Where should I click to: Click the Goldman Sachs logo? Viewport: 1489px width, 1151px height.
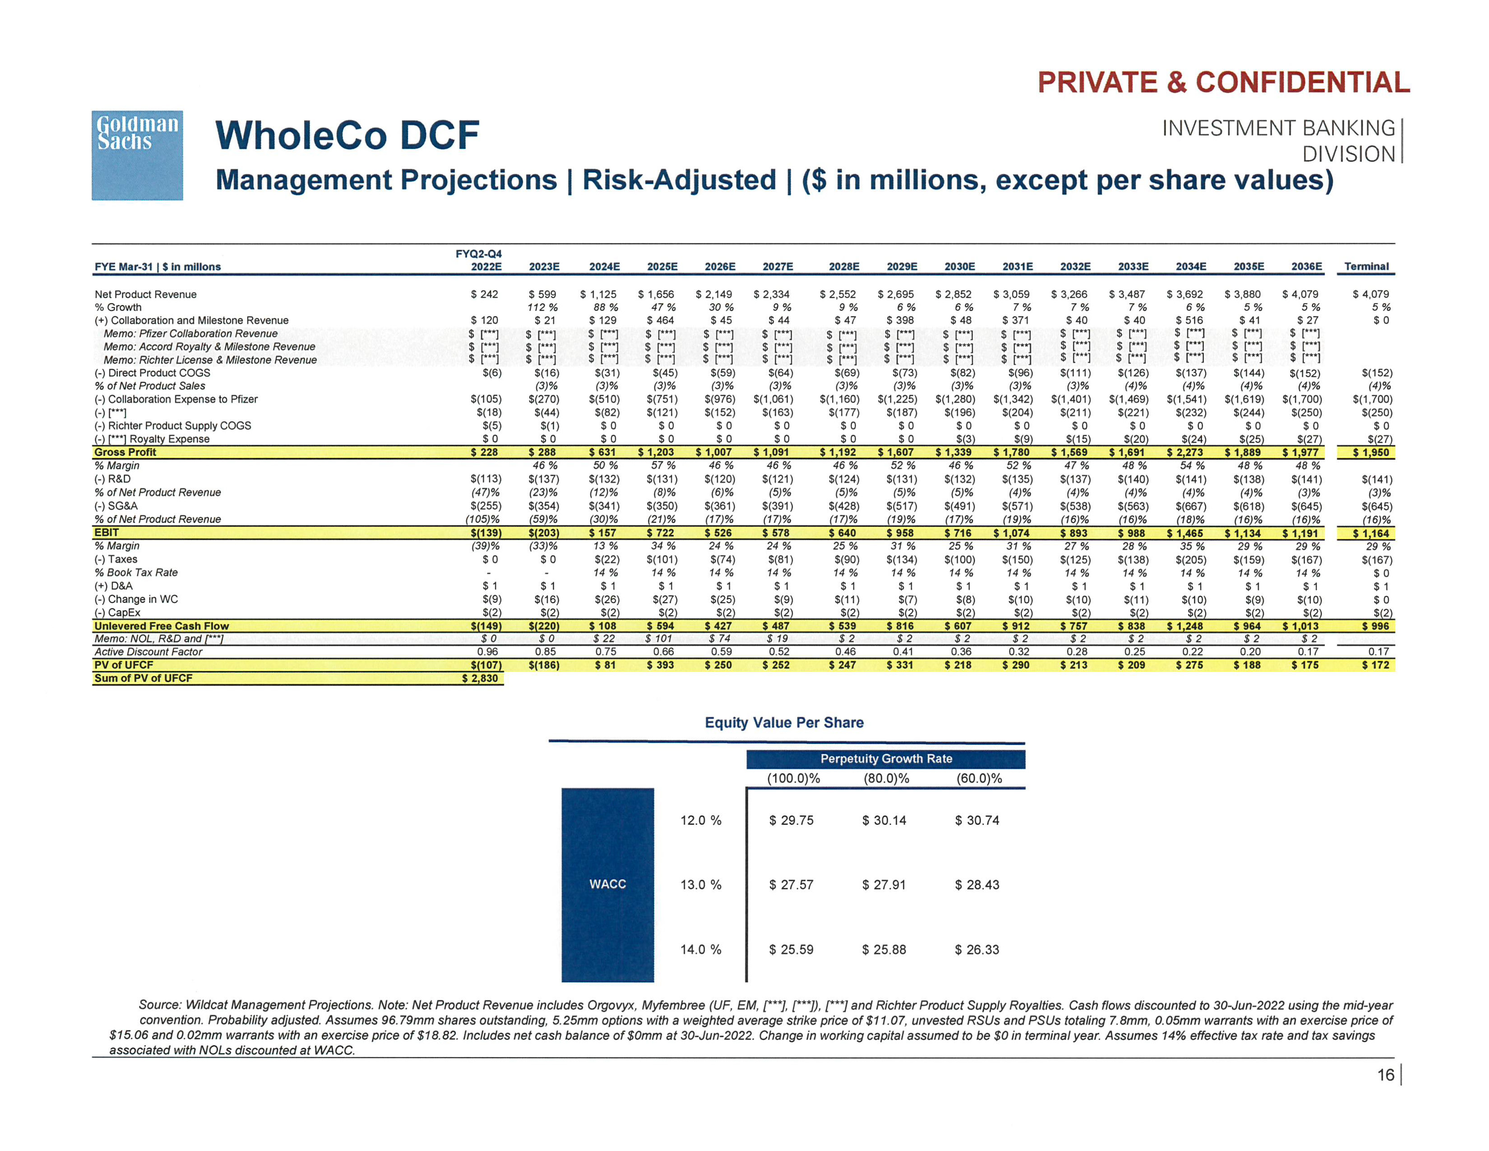pyautogui.click(x=137, y=155)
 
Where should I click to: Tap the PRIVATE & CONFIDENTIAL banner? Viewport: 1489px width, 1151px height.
pyautogui.click(x=1223, y=83)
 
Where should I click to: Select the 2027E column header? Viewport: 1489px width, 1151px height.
pyautogui.click(x=777, y=267)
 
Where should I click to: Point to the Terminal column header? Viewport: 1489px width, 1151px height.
pyautogui.click(x=1366, y=267)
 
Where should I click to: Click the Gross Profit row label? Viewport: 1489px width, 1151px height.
pyautogui.click(x=125, y=452)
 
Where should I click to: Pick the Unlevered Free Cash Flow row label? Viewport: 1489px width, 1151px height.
pyautogui.click(x=162, y=626)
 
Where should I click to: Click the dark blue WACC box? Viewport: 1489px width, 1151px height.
pyautogui.click(x=607, y=884)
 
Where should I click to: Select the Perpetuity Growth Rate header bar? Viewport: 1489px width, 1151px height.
pyautogui.click(x=886, y=759)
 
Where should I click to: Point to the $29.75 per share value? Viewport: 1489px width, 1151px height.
pyautogui.click(x=791, y=820)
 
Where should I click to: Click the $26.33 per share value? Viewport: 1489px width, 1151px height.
pyautogui.click(x=976, y=949)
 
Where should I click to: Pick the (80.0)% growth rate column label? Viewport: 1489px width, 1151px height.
pyautogui.click(x=886, y=779)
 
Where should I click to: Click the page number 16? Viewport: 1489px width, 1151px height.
pyautogui.click(x=1385, y=1075)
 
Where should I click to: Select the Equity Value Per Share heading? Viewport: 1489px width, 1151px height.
pyautogui.click(x=784, y=723)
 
